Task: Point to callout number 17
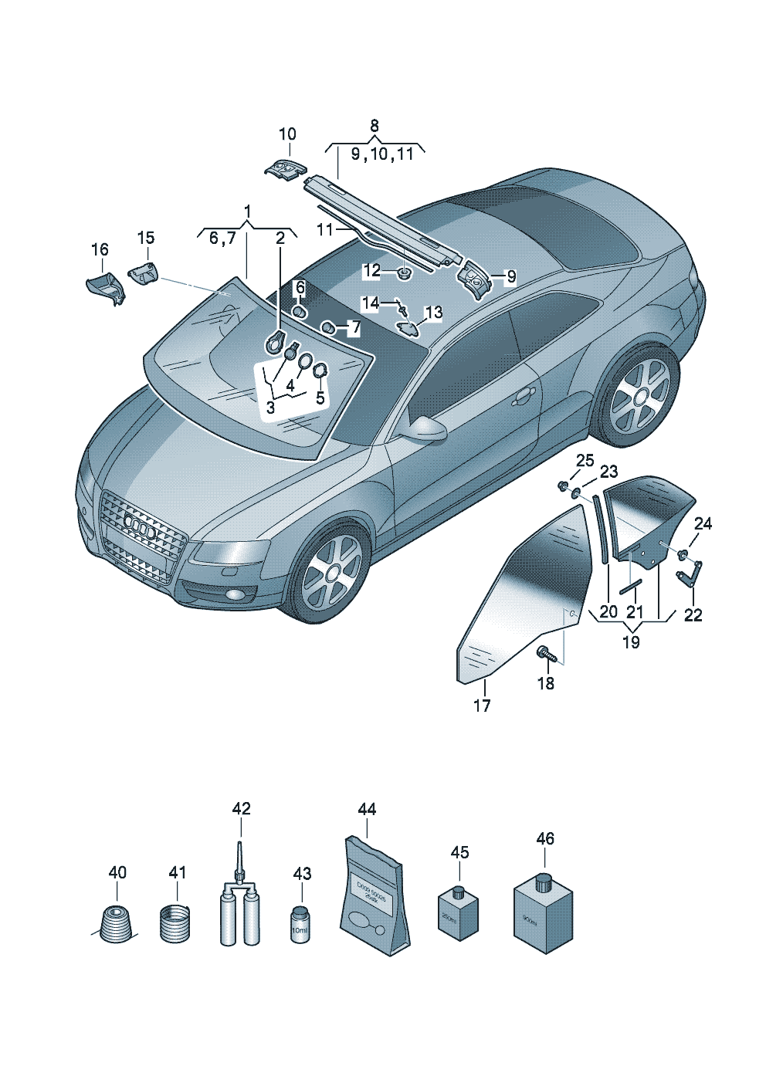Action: coord(482,706)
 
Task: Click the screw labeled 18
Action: coord(546,655)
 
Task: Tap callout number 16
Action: coord(100,250)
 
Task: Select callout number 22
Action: coord(693,615)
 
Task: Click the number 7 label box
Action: coord(355,328)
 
